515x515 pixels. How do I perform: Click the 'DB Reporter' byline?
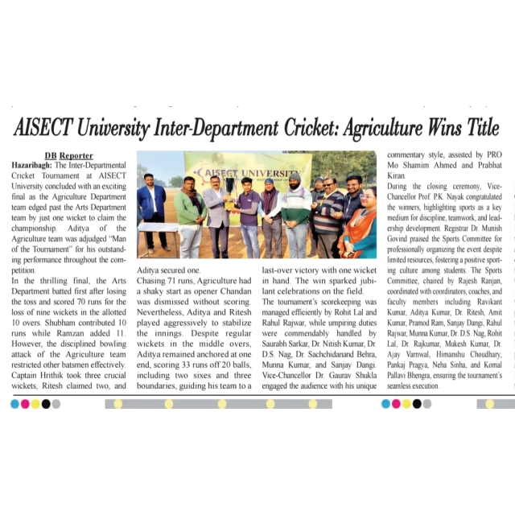pos(68,155)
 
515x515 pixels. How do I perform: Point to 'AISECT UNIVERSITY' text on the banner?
pos(245,172)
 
